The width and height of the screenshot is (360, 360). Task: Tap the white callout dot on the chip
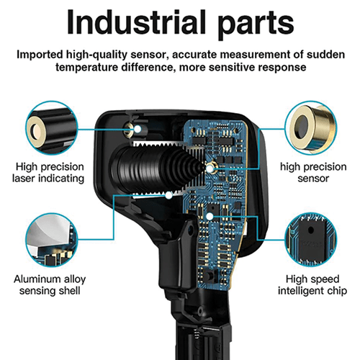pos(209,214)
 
